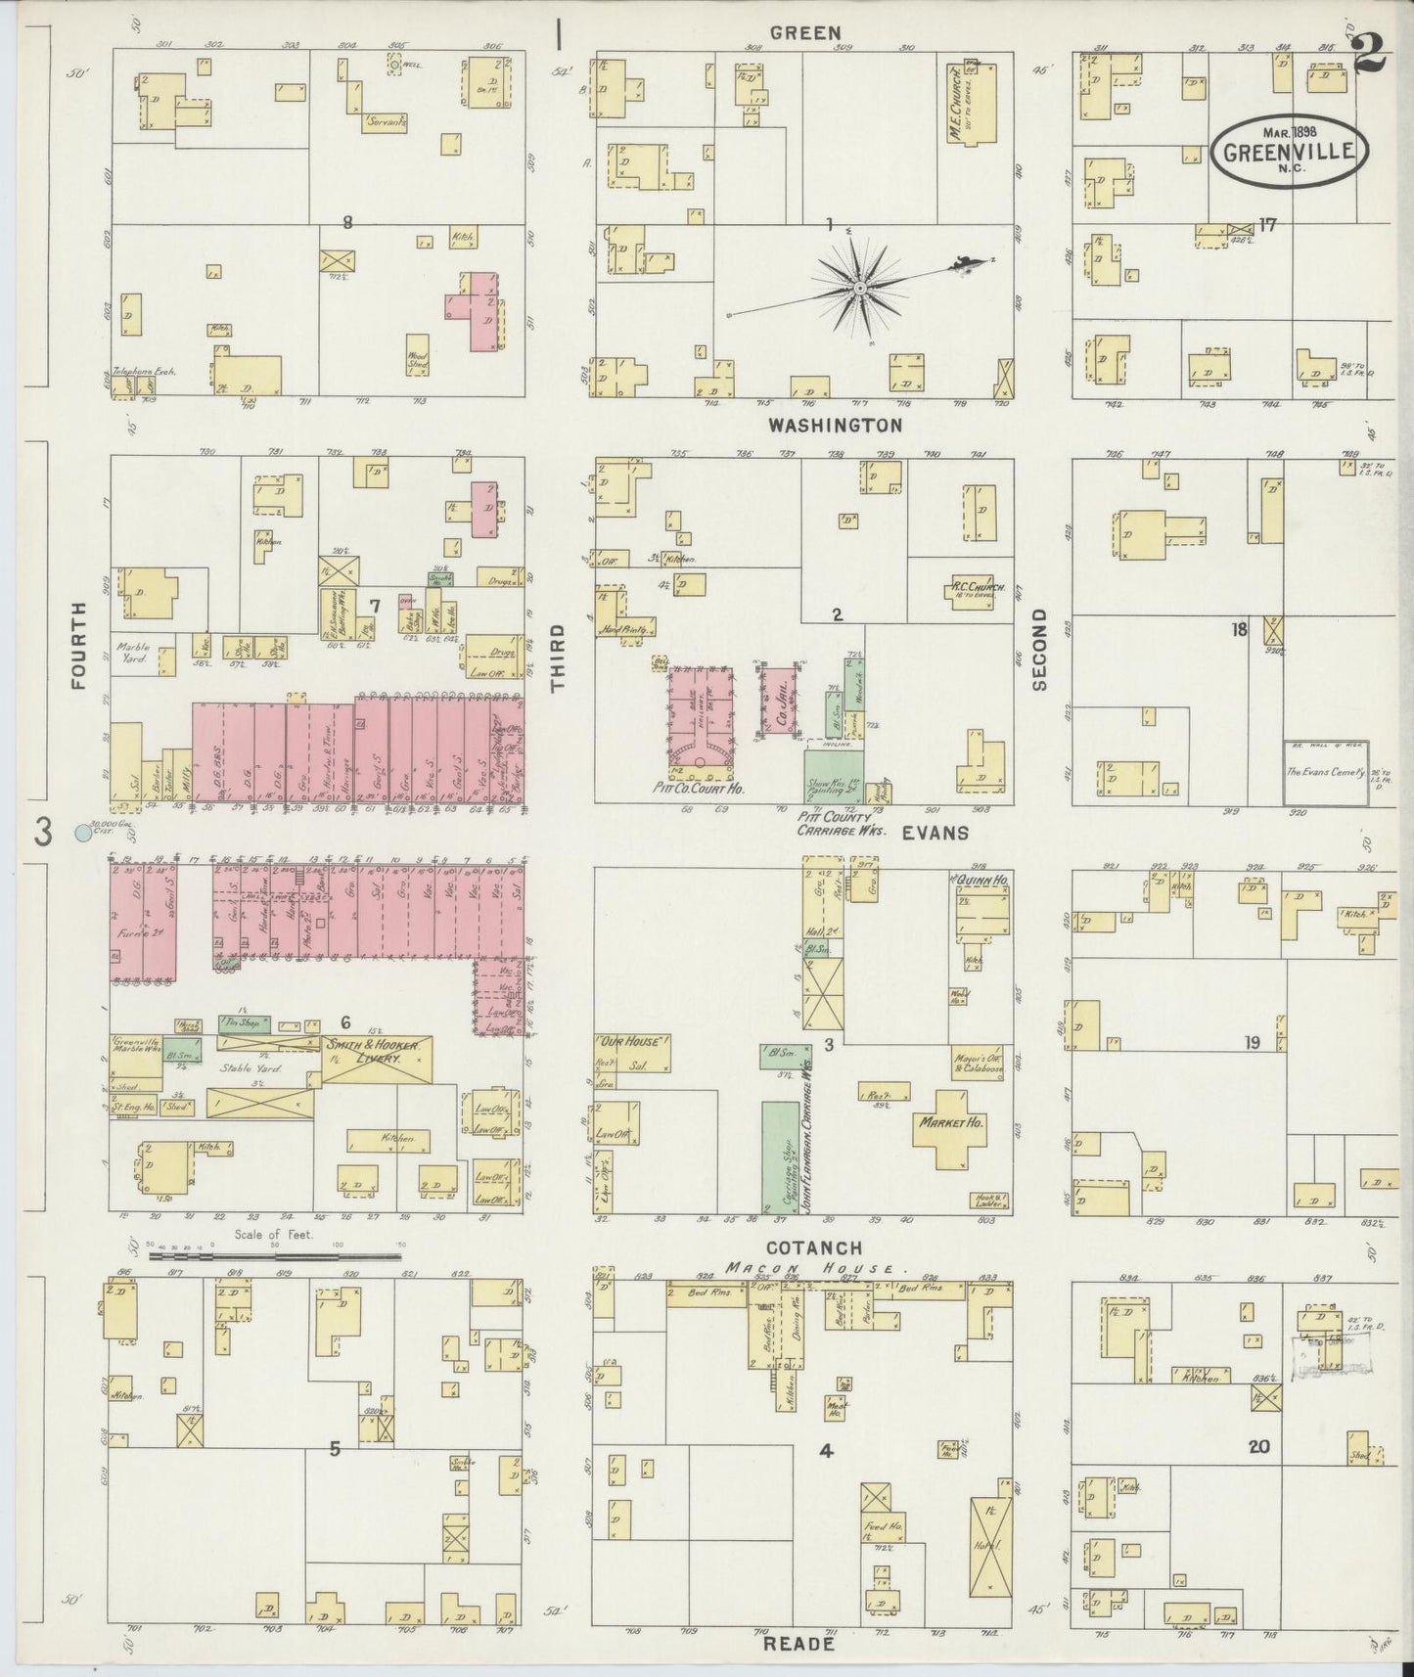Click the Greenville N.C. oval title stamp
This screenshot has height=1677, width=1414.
tap(1290, 152)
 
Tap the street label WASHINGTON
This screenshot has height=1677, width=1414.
tap(835, 426)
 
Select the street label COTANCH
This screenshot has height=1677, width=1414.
tap(814, 1247)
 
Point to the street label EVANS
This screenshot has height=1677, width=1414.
tap(935, 833)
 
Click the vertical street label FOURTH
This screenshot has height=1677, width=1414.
tap(79, 646)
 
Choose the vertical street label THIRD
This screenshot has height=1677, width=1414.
tap(559, 658)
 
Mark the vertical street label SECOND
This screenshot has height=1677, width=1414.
tap(1039, 649)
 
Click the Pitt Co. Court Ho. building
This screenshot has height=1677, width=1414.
tap(702, 717)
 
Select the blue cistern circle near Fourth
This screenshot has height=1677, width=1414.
tap(82, 834)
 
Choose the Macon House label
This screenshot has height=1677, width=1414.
tap(809, 1268)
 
